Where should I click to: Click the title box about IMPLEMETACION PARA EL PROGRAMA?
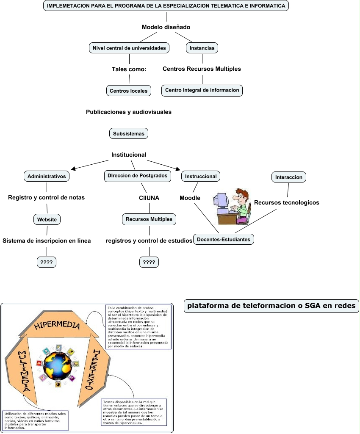(x=166, y=6)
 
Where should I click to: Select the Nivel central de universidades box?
(x=129, y=48)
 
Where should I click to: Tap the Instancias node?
(x=202, y=48)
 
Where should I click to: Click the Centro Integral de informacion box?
(x=202, y=90)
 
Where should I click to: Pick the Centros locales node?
(x=129, y=91)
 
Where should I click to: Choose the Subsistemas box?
(x=129, y=133)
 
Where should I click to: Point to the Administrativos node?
(x=47, y=176)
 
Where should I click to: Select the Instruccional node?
(x=201, y=176)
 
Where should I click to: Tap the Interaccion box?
(x=288, y=177)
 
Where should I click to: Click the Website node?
(x=47, y=219)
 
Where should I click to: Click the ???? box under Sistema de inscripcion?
(x=46, y=263)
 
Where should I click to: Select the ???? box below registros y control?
(x=149, y=263)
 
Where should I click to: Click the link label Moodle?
(x=190, y=198)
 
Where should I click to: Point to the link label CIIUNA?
(x=149, y=198)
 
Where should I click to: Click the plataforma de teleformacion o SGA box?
(x=271, y=306)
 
